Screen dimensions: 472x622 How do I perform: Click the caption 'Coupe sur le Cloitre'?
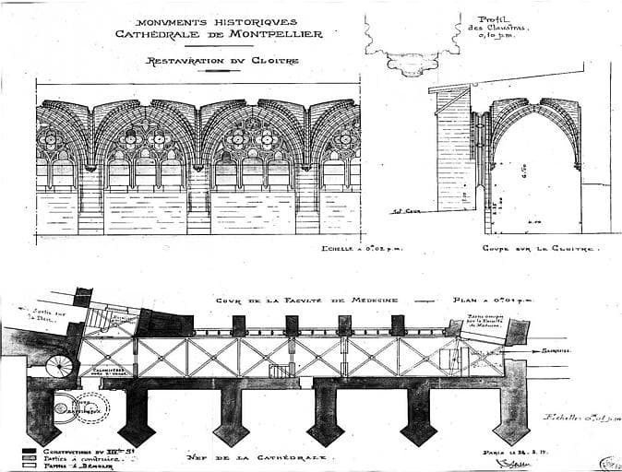coord(540,249)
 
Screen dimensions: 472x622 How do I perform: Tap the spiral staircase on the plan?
coord(59,366)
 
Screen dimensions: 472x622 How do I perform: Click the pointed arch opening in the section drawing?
coord(534,175)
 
